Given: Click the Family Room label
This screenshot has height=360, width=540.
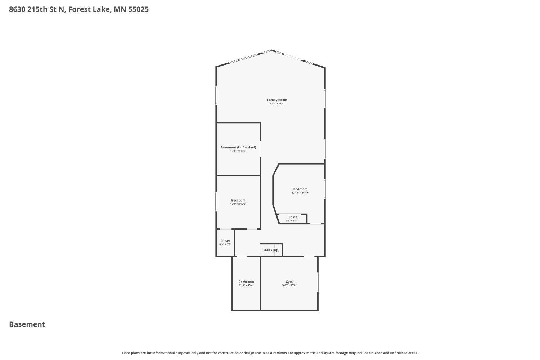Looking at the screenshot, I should click(277, 100).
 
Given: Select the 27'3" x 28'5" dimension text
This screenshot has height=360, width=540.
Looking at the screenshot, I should click(277, 104).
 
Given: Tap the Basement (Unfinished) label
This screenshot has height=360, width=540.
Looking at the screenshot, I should click(238, 147).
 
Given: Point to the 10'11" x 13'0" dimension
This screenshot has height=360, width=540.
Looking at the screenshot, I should click(238, 151).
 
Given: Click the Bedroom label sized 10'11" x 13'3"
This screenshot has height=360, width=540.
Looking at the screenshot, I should click(238, 200).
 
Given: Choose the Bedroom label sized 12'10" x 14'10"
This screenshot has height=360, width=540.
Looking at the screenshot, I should click(300, 189).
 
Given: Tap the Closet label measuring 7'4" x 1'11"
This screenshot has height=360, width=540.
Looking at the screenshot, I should click(292, 217).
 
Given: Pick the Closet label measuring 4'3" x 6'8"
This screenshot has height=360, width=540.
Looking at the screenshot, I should click(225, 241).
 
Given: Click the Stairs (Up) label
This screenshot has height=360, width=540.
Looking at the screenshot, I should click(271, 250).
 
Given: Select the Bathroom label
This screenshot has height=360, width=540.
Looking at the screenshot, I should click(246, 282).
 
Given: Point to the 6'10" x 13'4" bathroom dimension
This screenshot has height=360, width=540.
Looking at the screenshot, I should click(246, 285).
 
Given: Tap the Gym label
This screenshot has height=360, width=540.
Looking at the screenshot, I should click(289, 282).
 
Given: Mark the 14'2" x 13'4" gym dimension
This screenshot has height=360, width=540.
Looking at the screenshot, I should click(289, 285).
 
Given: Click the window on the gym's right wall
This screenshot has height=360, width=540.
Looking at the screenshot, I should click(318, 282).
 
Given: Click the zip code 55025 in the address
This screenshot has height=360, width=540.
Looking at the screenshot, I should click(138, 9).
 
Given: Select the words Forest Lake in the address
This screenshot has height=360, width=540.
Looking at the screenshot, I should click(89, 9).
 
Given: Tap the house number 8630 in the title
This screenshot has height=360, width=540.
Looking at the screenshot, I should click(17, 9).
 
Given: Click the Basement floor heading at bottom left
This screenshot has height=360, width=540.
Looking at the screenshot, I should click(27, 324).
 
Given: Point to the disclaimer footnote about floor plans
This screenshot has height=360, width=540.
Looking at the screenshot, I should click(270, 353).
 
